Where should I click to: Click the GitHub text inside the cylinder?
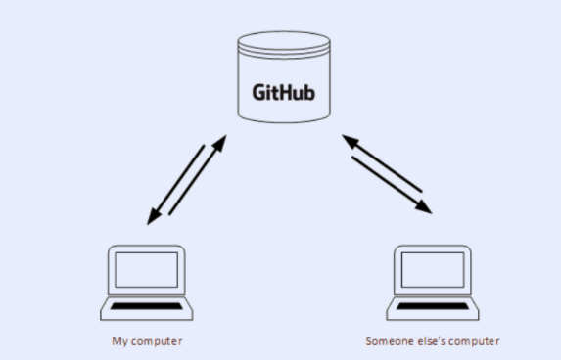click(x=285, y=94)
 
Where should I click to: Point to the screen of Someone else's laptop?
click(x=432, y=269)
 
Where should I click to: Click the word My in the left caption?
click(x=117, y=341)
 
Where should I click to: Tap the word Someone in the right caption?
click(x=386, y=341)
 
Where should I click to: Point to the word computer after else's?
click(x=474, y=341)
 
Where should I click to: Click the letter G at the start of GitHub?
click(x=259, y=94)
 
